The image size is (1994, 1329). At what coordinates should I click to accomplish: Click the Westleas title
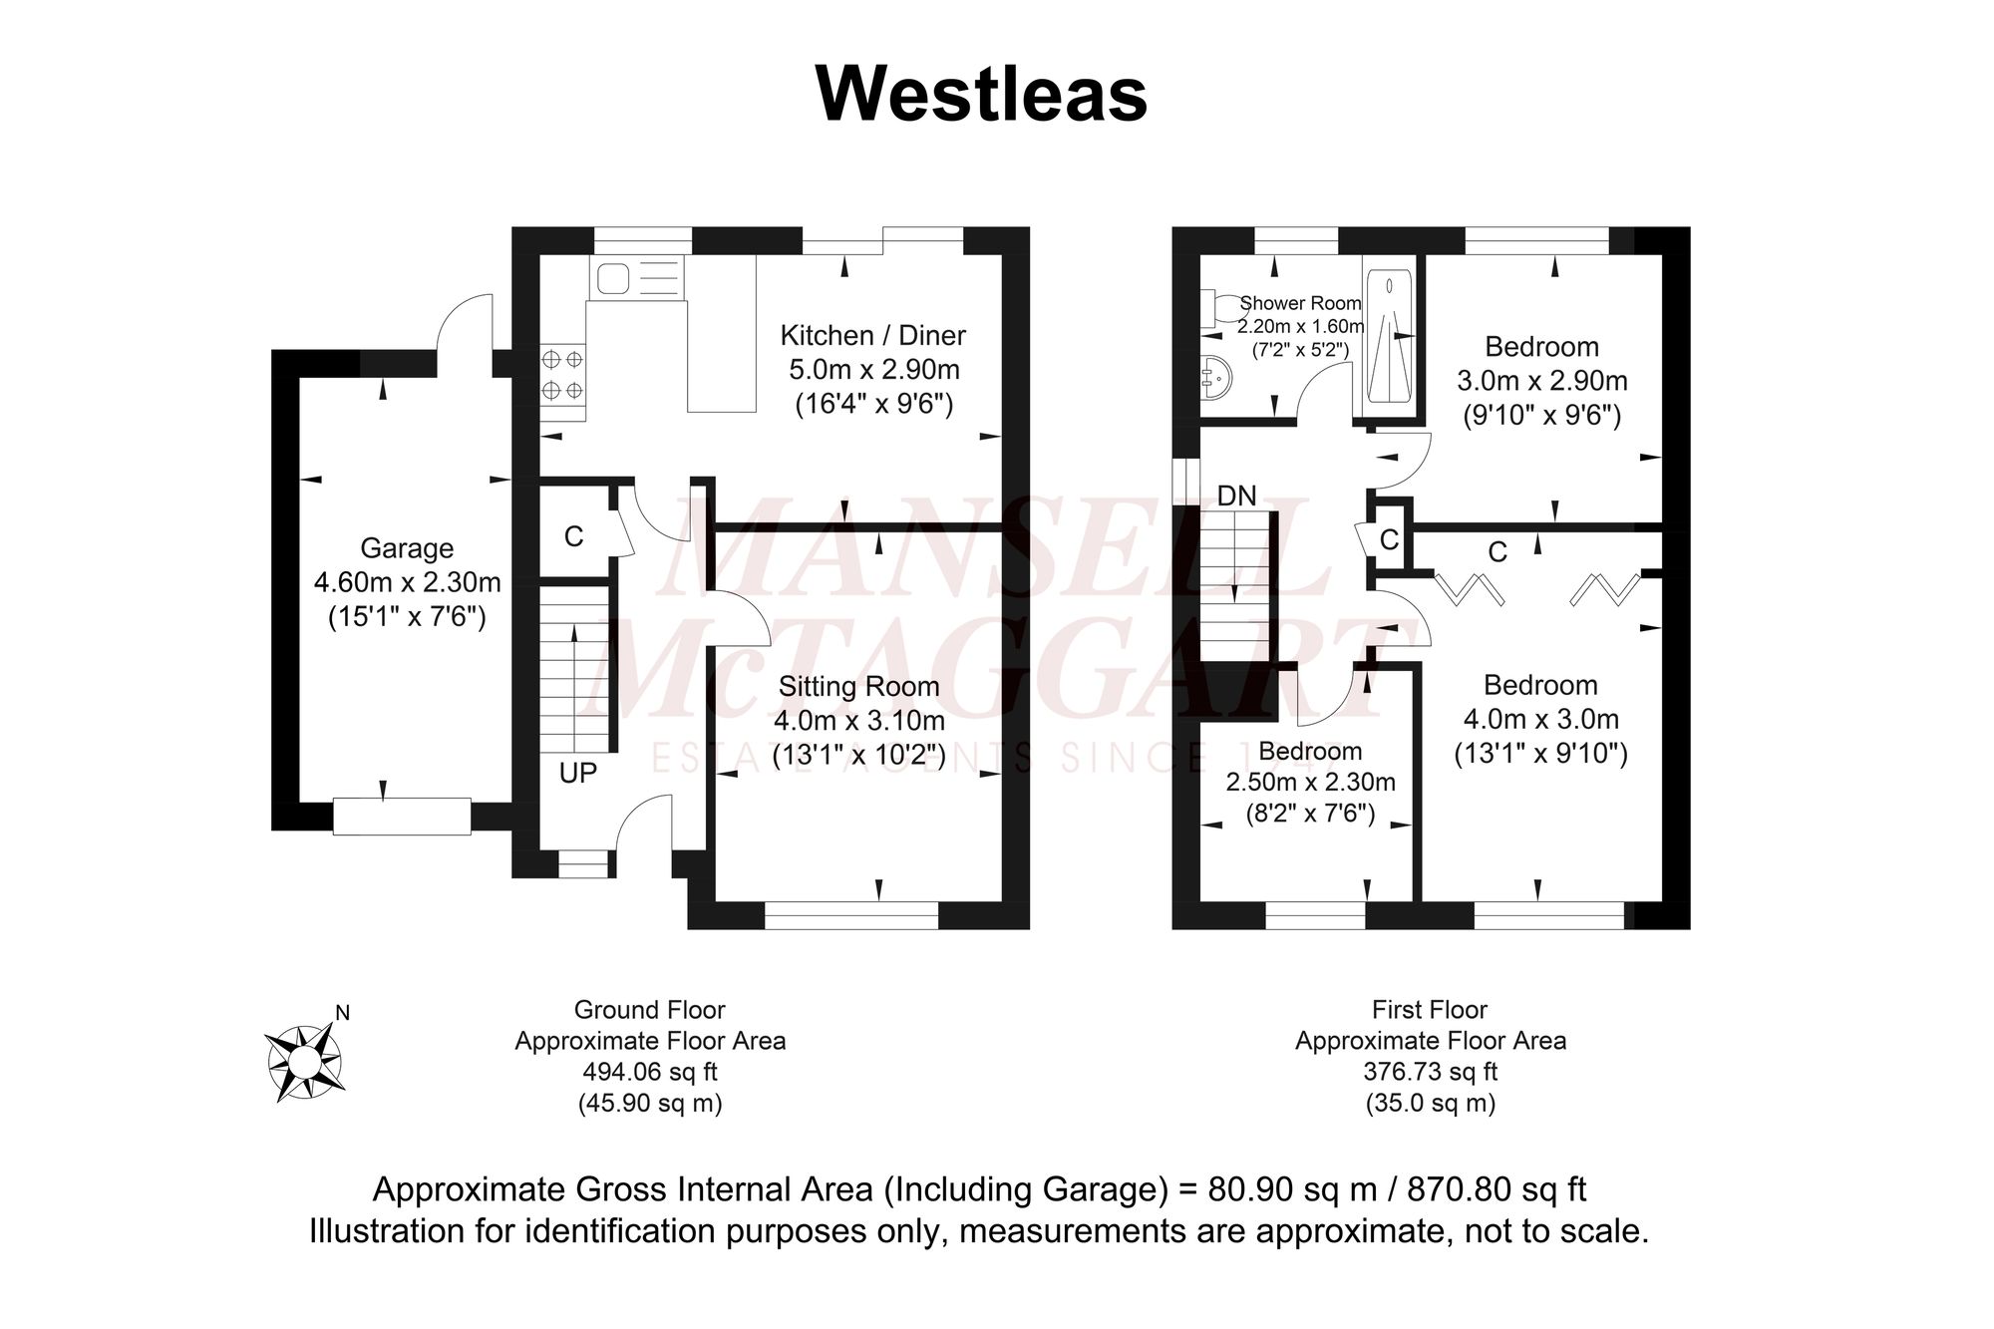[981, 95]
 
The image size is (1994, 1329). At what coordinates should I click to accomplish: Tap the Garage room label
[406, 548]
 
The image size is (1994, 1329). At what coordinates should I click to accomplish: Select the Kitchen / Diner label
[872, 335]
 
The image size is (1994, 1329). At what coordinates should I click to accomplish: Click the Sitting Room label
[858, 686]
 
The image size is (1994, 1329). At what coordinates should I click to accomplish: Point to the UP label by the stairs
[577, 773]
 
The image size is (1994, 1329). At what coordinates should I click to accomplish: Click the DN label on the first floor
[1236, 496]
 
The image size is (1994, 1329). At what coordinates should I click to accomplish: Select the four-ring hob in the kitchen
[562, 374]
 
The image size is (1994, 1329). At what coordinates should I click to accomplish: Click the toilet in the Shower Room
[1215, 308]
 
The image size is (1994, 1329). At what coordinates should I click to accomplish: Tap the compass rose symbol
[305, 1063]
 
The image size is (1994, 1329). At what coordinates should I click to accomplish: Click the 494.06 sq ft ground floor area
[649, 1073]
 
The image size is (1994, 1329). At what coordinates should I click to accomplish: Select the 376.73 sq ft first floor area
[1430, 1073]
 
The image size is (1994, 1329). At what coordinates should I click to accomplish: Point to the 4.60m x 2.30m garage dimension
[407, 582]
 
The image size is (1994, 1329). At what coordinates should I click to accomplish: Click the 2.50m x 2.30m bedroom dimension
[1310, 783]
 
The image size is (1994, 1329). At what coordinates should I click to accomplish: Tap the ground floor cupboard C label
[573, 537]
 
